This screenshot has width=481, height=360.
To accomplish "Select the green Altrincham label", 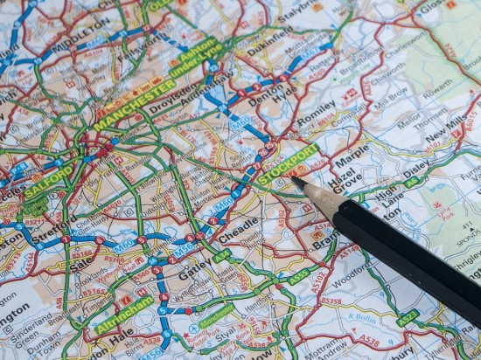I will [124, 313].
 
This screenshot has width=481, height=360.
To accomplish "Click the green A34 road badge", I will [222, 255].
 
